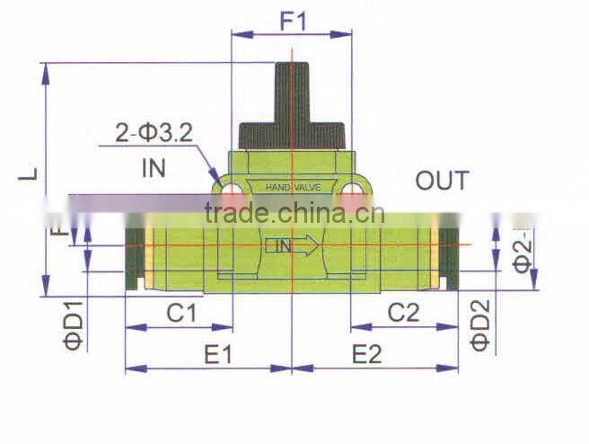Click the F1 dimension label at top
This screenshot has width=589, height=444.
tap(293, 20)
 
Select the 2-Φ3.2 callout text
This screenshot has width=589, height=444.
tap(154, 134)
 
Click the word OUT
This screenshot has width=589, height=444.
tap(442, 181)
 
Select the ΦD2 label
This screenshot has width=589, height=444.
tap(481, 324)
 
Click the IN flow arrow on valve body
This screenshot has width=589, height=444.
tap(292, 244)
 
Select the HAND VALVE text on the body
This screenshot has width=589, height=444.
tap(292, 188)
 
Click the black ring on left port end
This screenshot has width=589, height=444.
tap(133, 257)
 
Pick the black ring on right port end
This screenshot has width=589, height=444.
tap(450, 257)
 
